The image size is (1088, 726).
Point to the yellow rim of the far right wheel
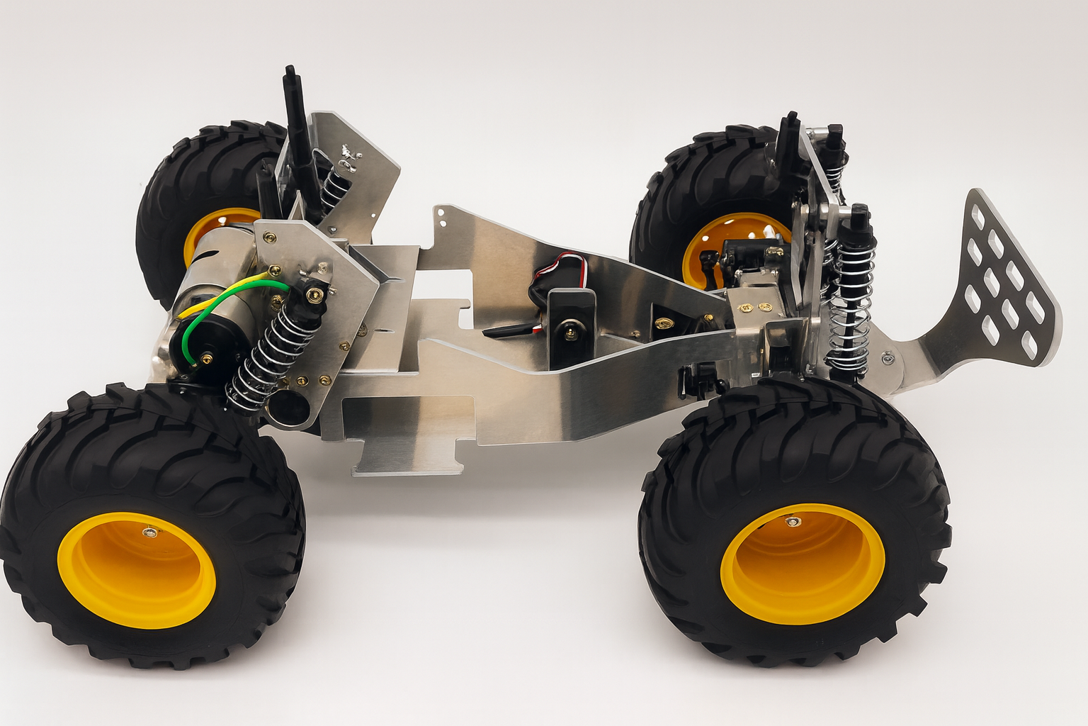click(x=708, y=245)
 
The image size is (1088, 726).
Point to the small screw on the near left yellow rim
click(x=148, y=531)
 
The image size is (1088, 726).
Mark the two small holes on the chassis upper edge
click(x=443, y=216)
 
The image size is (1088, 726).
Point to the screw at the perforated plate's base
click(x=888, y=359)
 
